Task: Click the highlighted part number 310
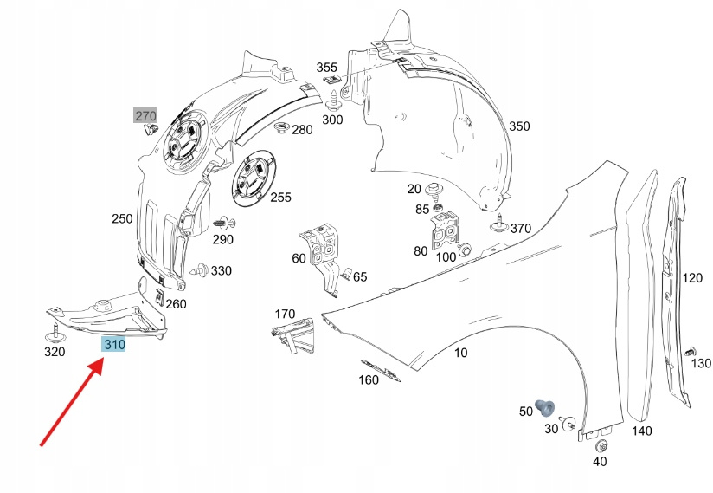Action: tap(114, 345)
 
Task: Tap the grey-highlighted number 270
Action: tap(145, 114)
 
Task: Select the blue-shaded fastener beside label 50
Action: tap(545, 405)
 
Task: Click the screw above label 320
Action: tap(55, 333)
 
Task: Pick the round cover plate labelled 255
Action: tap(252, 180)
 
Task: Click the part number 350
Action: tap(518, 126)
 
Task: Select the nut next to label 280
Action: tap(280, 129)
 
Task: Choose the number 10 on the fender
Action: tap(460, 353)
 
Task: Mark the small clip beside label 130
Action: tap(690, 352)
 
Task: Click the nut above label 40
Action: tap(602, 445)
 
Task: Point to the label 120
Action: tap(692, 278)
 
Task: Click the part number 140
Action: tap(641, 431)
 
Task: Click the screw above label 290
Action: tap(223, 222)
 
